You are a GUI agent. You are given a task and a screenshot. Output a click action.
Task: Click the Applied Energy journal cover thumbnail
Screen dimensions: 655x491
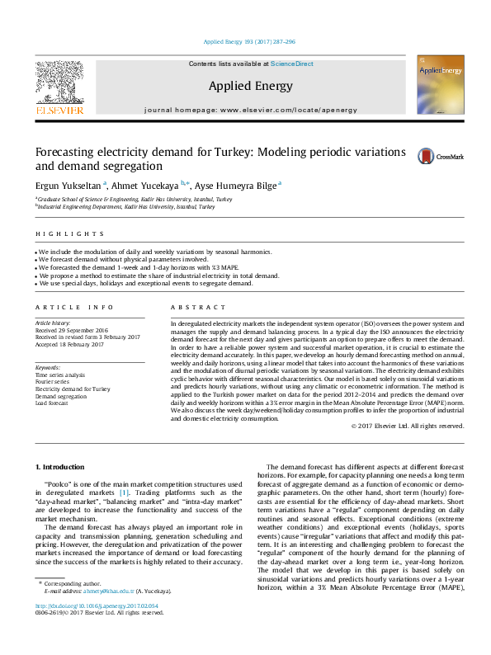[440, 85]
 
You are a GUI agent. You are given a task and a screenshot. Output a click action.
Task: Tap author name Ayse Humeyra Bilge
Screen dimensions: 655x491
[236, 186]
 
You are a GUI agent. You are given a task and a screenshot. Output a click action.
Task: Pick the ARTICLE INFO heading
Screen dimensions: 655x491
[75, 307]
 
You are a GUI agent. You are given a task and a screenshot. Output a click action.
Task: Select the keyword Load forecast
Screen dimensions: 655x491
[53, 403]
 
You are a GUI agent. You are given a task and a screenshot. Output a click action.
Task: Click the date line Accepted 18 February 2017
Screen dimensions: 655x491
[69, 345]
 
